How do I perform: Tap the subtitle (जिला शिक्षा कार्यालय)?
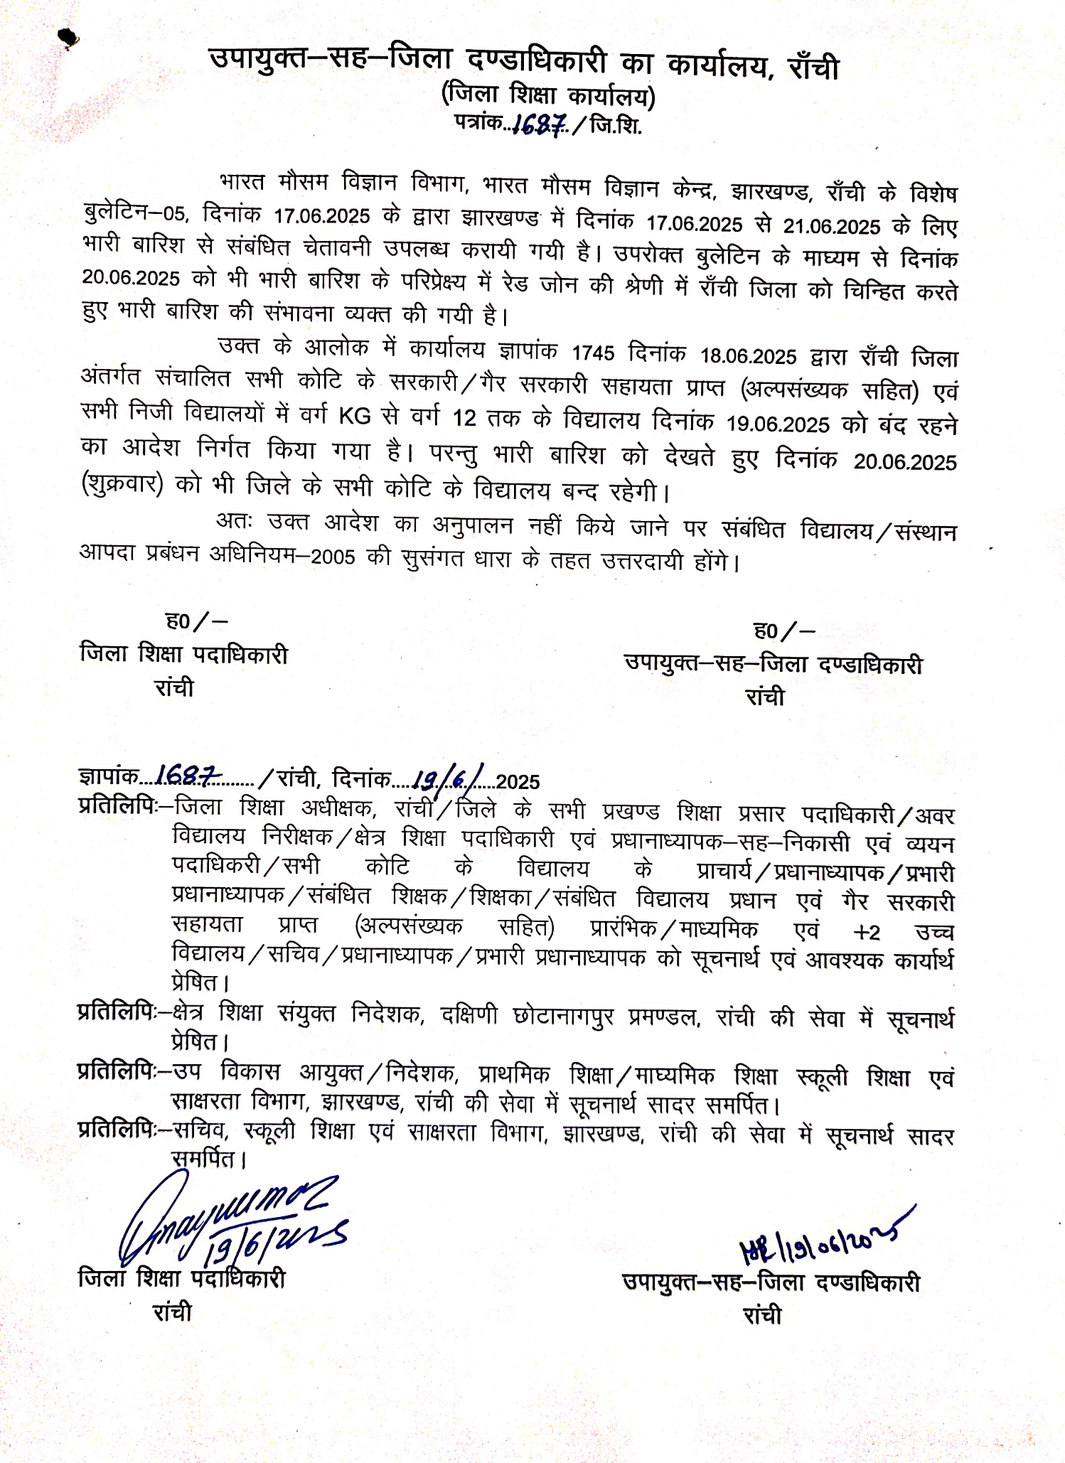point(548,95)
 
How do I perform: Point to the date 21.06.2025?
point(832,227)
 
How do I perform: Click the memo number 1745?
point(593,353)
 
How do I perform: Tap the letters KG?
point(354,415)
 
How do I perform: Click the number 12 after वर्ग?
point(464,418)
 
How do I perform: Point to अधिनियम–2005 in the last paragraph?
point(282,555)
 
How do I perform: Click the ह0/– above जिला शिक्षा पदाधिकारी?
point(196,621)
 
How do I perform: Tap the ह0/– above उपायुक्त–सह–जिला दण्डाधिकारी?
point(783,631)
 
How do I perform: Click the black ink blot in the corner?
point(69,40)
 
